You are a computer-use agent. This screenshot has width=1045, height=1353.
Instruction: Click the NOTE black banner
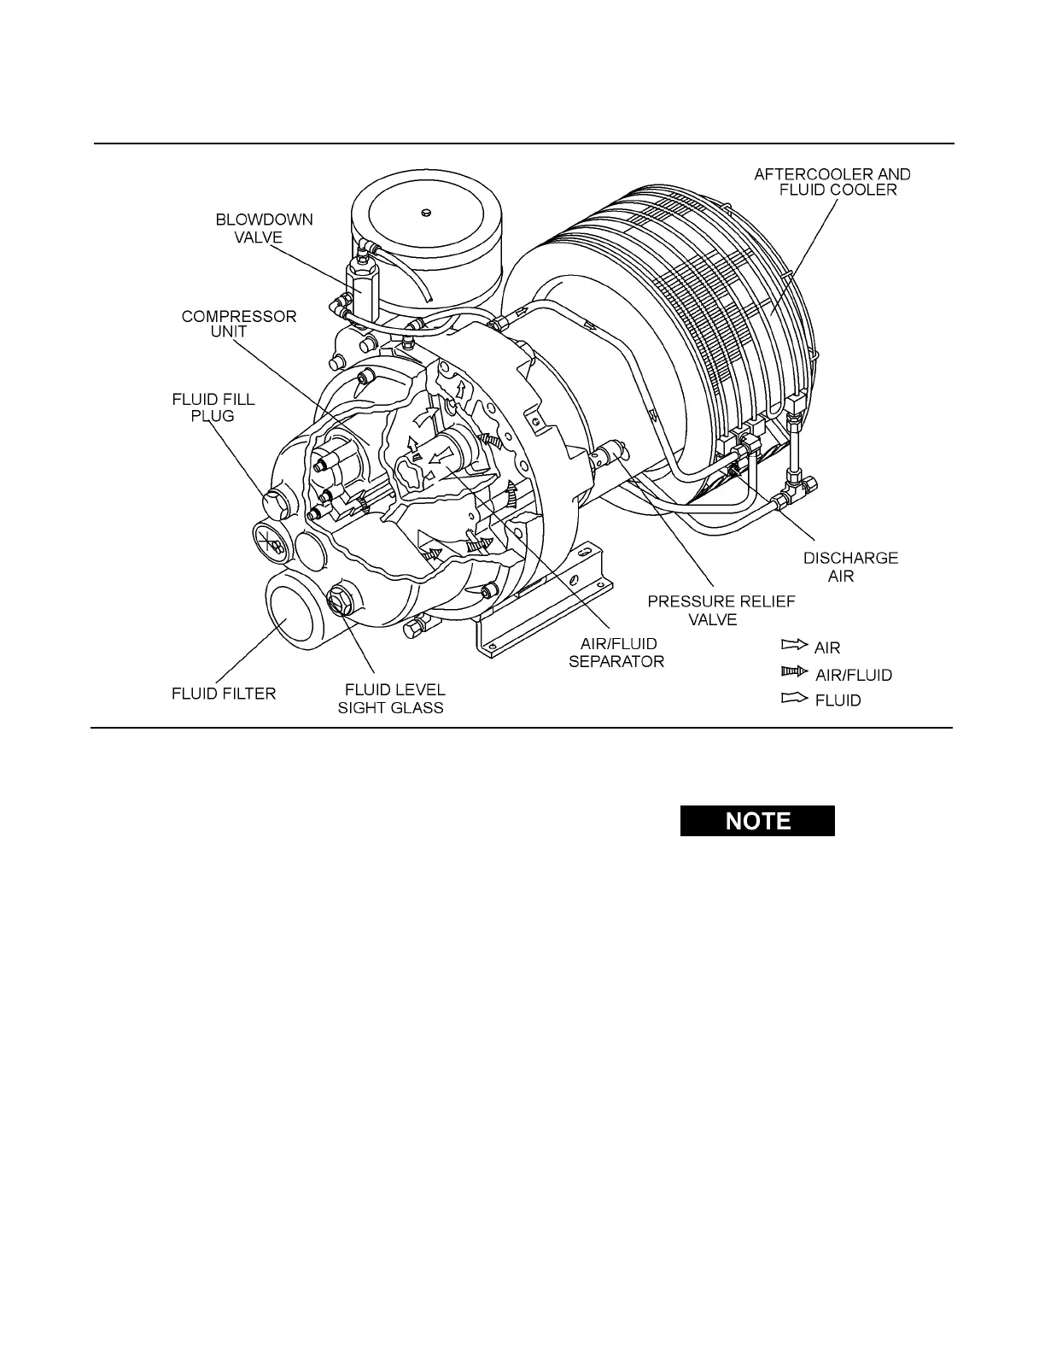tap(757, 821)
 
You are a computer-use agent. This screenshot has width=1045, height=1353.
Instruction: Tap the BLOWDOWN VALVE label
tap(264, 228)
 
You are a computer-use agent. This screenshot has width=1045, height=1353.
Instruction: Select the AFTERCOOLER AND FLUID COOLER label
tap(832, 181)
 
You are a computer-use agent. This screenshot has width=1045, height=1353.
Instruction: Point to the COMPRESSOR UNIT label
tap(239, 324)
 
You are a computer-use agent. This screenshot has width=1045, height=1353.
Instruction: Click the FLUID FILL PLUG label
tap(213, 407)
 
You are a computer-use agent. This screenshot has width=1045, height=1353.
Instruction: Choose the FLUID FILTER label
tap(224, 693)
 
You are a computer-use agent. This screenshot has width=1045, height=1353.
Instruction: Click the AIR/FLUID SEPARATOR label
tap(616, 653)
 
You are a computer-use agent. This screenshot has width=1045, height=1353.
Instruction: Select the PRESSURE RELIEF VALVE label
tap(721, 610)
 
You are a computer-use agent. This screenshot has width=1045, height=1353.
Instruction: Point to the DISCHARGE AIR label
tap(849, 566)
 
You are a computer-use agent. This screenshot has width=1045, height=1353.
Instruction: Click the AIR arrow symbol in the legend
tap(794, 646)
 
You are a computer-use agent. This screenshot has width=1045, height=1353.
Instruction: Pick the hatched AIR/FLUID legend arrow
tap(794, 672)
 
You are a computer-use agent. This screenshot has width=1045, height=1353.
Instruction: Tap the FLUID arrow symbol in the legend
tap(794, 699)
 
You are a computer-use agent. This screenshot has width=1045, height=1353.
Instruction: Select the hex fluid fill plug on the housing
tap(278, 505)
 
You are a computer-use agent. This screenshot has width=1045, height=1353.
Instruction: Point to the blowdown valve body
tap(360, 284)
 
